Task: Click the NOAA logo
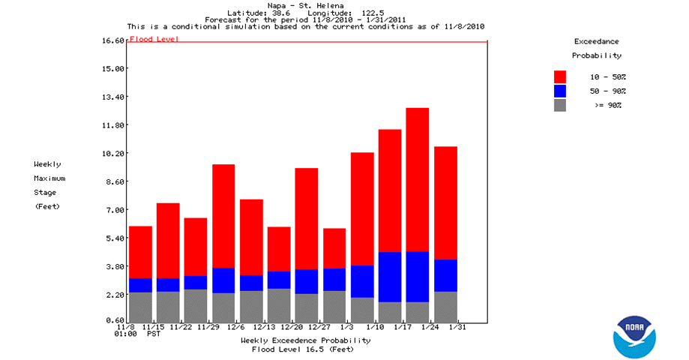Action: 634,336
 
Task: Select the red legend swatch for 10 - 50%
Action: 560,76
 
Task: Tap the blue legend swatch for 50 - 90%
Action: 560,91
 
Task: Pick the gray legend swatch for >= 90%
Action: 560,105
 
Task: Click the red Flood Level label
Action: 154,39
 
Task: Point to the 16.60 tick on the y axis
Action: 113,40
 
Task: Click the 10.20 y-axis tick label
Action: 113,153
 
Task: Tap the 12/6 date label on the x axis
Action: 236,327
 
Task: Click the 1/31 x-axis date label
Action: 458,327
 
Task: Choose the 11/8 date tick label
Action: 125,327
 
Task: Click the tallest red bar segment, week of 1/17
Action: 418,180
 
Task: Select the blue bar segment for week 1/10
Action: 390,277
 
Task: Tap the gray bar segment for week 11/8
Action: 140,307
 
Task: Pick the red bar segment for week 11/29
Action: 223,216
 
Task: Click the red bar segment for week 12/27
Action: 334,248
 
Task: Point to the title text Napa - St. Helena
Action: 307,6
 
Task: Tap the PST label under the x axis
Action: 153,334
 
